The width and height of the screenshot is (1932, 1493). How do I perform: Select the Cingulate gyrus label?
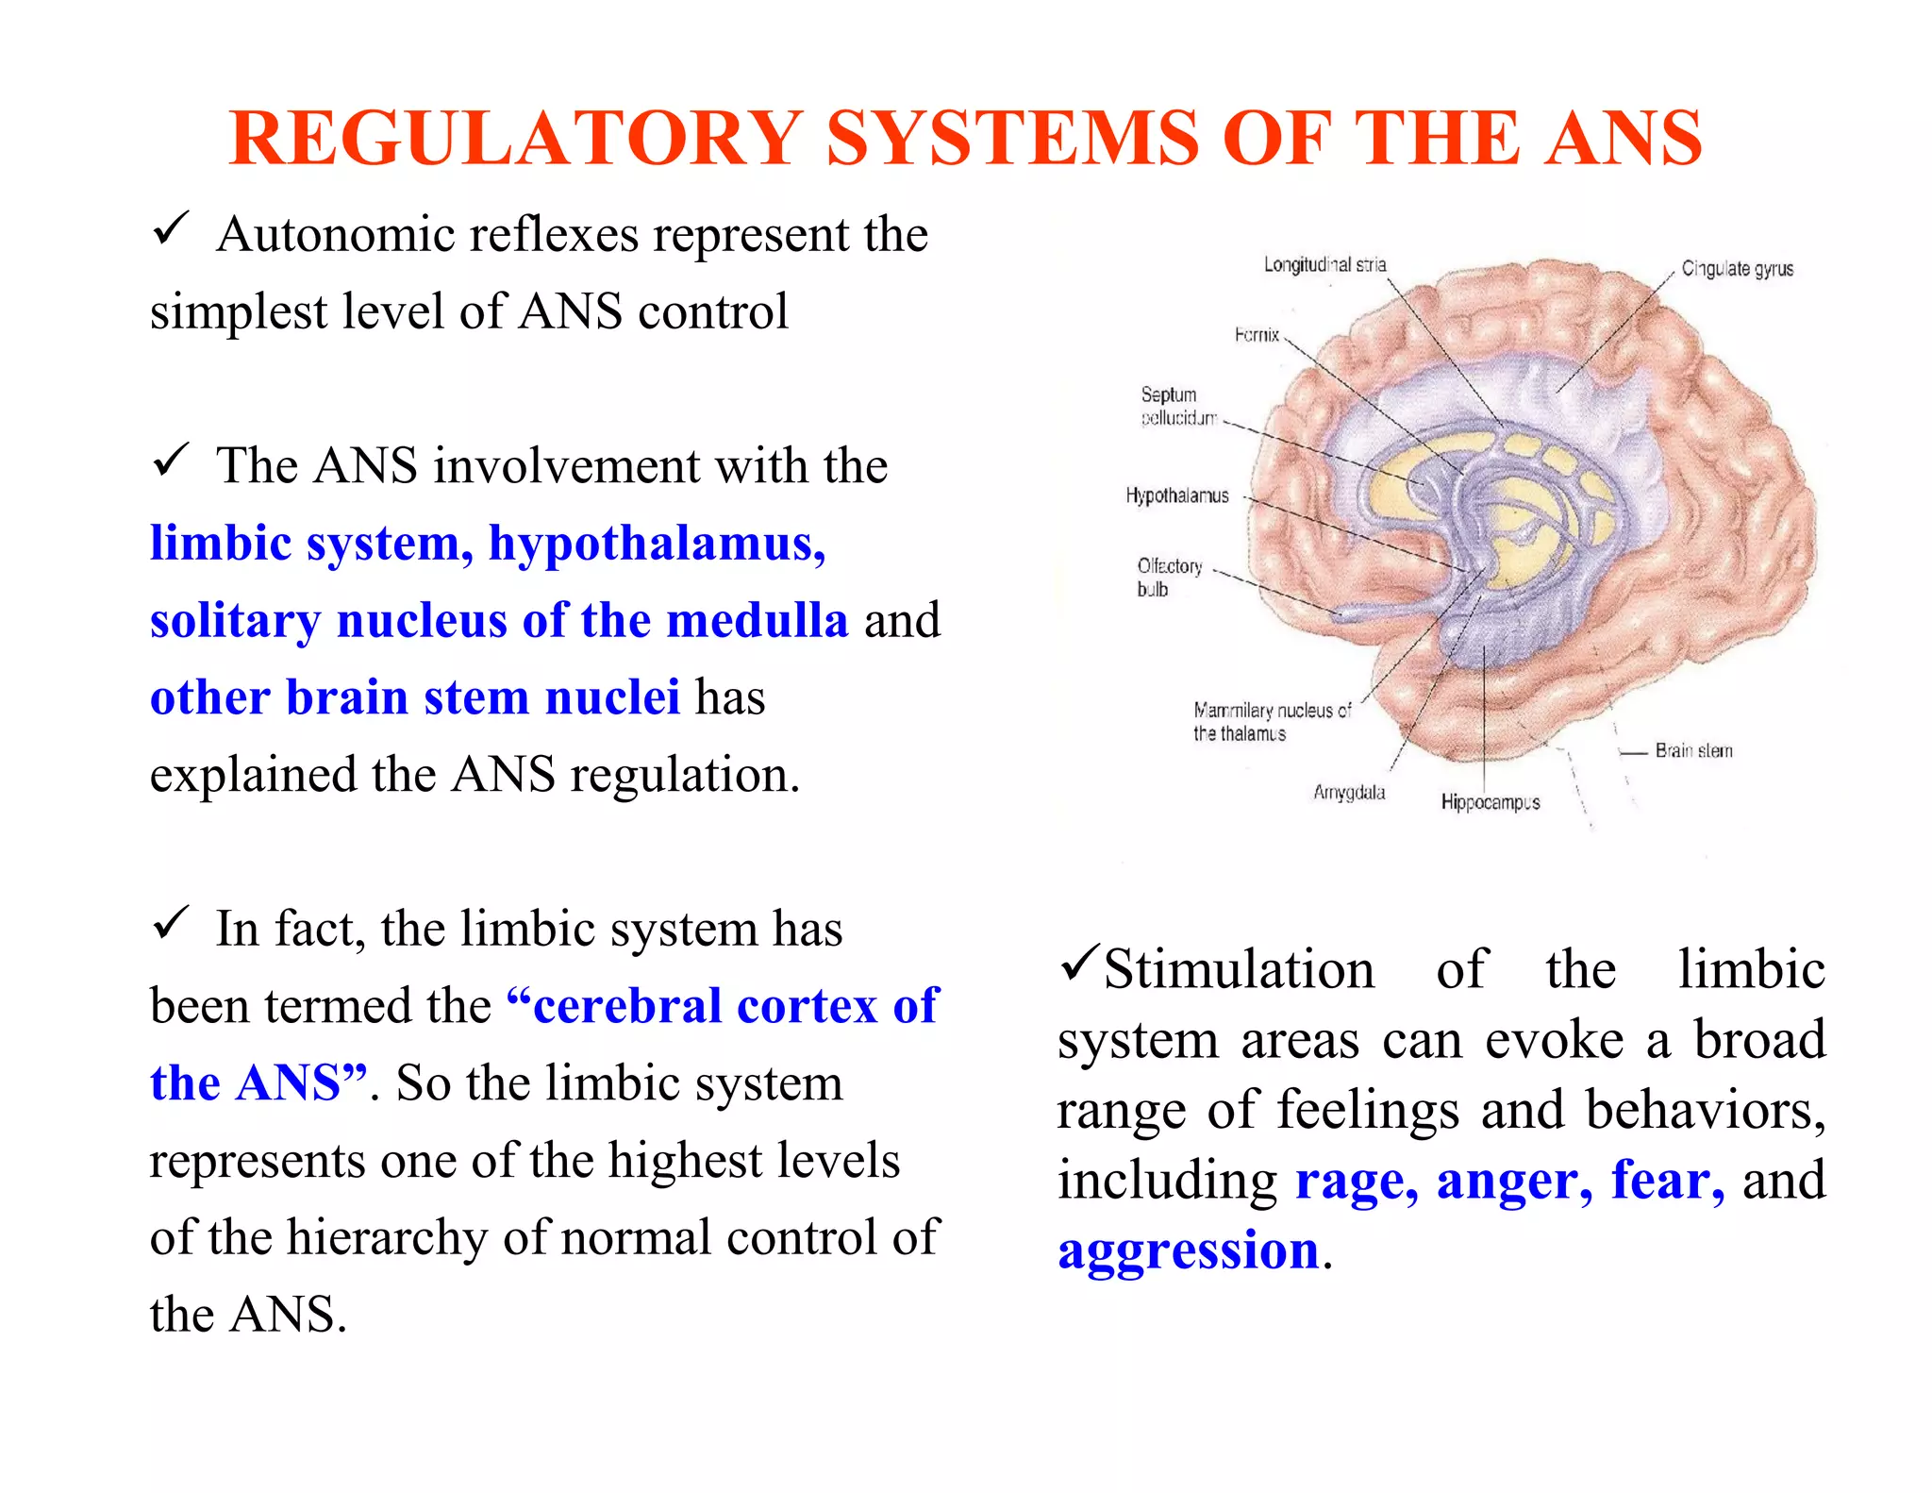(1737, 269)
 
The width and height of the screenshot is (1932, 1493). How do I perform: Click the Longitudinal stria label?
(1324, 265)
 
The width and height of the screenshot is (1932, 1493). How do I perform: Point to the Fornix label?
(1257, 335)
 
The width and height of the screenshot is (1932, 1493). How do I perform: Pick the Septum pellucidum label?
(1177, 406)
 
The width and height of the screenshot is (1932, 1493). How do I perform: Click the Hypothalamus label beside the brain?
(1176, 495)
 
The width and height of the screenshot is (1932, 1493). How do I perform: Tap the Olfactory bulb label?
(1169, 577)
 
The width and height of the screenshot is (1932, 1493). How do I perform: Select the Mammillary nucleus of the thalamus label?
(1271, 721)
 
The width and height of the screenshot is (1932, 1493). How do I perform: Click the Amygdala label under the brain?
(1349, 792)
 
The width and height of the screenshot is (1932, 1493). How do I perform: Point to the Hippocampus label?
(1490, 802)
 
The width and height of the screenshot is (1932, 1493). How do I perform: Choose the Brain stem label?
(1693, 751)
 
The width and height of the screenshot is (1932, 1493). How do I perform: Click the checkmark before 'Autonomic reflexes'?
(171, 229)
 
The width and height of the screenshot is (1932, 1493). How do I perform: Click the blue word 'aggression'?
(1188, 1250)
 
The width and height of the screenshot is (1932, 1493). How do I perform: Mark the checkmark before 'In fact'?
(171, 924)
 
